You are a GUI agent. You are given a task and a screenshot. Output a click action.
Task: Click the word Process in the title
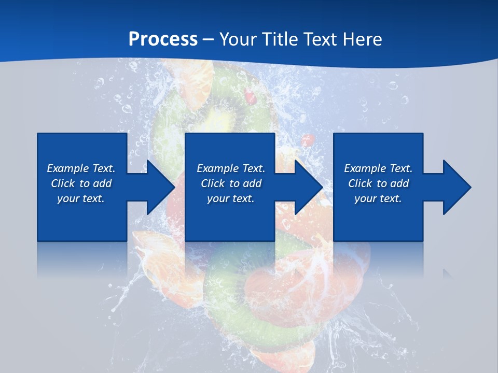[163, 39]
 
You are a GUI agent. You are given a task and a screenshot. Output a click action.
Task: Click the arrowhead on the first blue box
[158, 187]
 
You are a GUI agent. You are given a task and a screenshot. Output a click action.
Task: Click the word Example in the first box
[67, 168]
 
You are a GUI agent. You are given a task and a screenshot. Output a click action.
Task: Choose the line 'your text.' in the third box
[378, 198]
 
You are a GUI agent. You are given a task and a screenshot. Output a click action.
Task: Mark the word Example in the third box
[365, 168]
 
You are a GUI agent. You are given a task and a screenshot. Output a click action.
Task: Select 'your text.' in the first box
[80, 198]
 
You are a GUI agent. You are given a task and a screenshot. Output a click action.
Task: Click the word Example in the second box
[217, 168]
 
